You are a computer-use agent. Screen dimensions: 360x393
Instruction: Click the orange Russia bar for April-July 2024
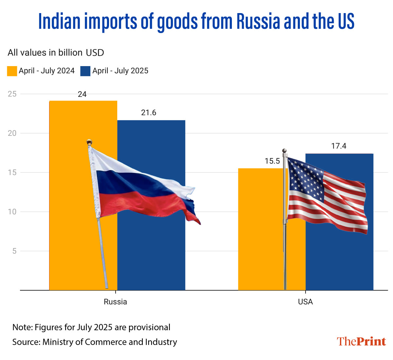69,196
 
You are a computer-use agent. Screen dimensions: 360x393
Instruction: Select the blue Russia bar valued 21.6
157,255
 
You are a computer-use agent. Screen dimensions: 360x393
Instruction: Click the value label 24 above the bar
82,94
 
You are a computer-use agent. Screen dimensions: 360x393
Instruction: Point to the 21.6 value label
149,113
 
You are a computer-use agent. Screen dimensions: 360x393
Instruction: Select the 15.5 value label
272,161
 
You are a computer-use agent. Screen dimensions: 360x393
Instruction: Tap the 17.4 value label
339,146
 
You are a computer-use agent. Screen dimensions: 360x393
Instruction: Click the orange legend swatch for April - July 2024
12,71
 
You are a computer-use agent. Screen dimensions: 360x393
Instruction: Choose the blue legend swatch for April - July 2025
85,71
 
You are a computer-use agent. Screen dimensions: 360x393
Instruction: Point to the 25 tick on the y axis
12,94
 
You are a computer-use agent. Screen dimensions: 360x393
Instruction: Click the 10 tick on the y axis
12,212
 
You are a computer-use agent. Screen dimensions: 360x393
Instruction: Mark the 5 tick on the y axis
14,251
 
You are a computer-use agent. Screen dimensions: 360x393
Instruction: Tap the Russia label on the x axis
115,302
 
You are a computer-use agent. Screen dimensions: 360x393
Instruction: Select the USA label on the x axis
305,302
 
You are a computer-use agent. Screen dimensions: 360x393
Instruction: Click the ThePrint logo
362,341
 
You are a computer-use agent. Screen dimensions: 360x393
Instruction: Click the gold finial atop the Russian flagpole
89,142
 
